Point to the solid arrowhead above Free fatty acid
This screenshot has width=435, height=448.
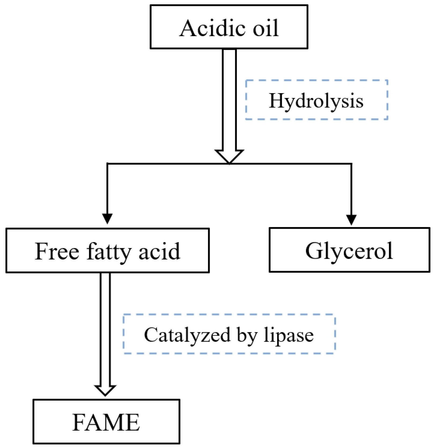(x=107, y=218)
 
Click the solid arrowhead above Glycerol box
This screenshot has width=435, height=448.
(x=351, y=219)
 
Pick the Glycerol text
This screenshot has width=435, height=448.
(x=349, y=251)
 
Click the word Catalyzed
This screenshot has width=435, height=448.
(x=187, y=335)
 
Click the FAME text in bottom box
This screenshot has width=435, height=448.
(x=106, y=422)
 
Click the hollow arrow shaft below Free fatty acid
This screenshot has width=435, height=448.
(x=105, y=329)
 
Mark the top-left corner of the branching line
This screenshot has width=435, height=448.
(x=107, y=164)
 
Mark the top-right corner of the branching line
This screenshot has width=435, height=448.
(x=351, y=164)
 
